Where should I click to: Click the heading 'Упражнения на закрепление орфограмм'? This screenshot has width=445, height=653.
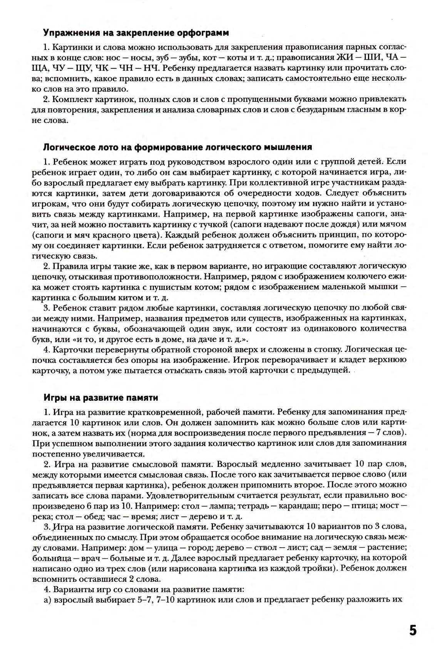(x=136, y=33)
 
